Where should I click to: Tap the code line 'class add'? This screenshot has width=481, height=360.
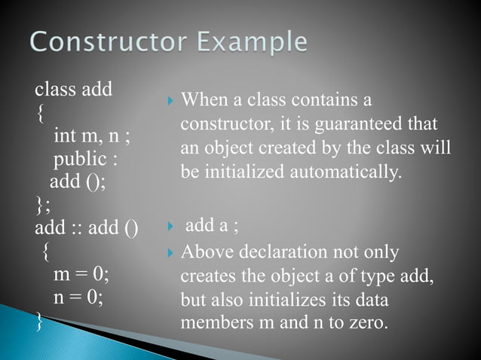pos(74,91)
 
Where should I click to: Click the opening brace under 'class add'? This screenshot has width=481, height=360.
pos(39,114)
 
